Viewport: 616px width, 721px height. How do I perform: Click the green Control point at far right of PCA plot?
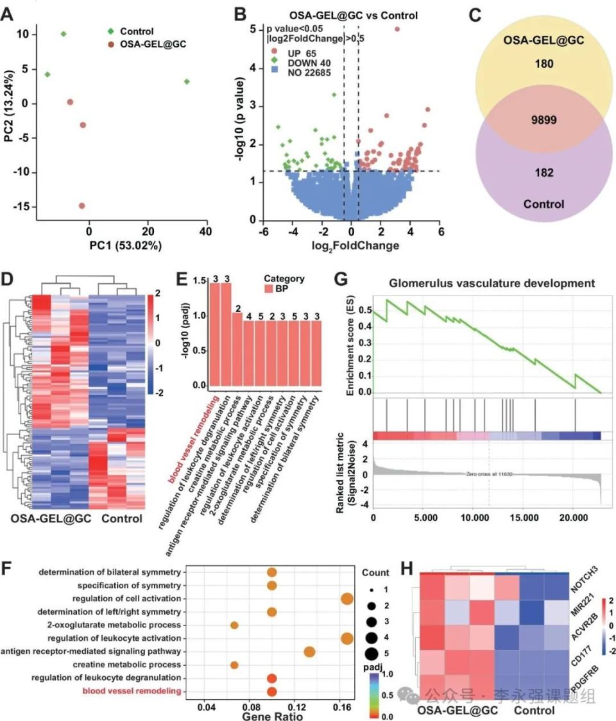click(186, 81)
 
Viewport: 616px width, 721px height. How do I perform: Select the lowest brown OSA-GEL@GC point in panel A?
click(81, 206)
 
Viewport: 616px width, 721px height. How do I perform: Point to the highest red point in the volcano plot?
click(397, 29)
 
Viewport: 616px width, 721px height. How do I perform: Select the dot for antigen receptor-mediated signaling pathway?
click(309, 652)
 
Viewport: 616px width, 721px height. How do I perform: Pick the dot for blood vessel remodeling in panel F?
click(271, 692)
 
